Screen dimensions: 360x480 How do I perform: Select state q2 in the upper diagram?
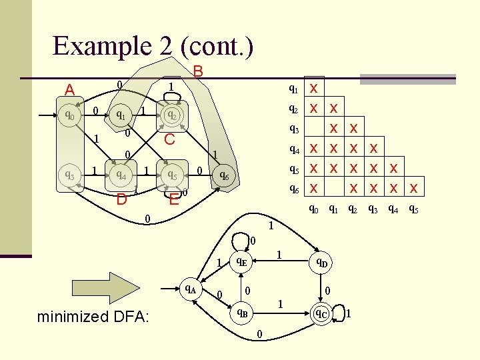(171, 115)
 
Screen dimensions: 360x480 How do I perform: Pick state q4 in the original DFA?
(121, 175)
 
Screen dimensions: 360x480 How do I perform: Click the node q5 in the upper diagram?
(171, 175)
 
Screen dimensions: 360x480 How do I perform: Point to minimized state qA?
(191, 289)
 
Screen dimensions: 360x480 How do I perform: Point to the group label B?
(198, 71)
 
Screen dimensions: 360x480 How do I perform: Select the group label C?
(170, 139)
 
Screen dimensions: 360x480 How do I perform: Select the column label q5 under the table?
(413, 209)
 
